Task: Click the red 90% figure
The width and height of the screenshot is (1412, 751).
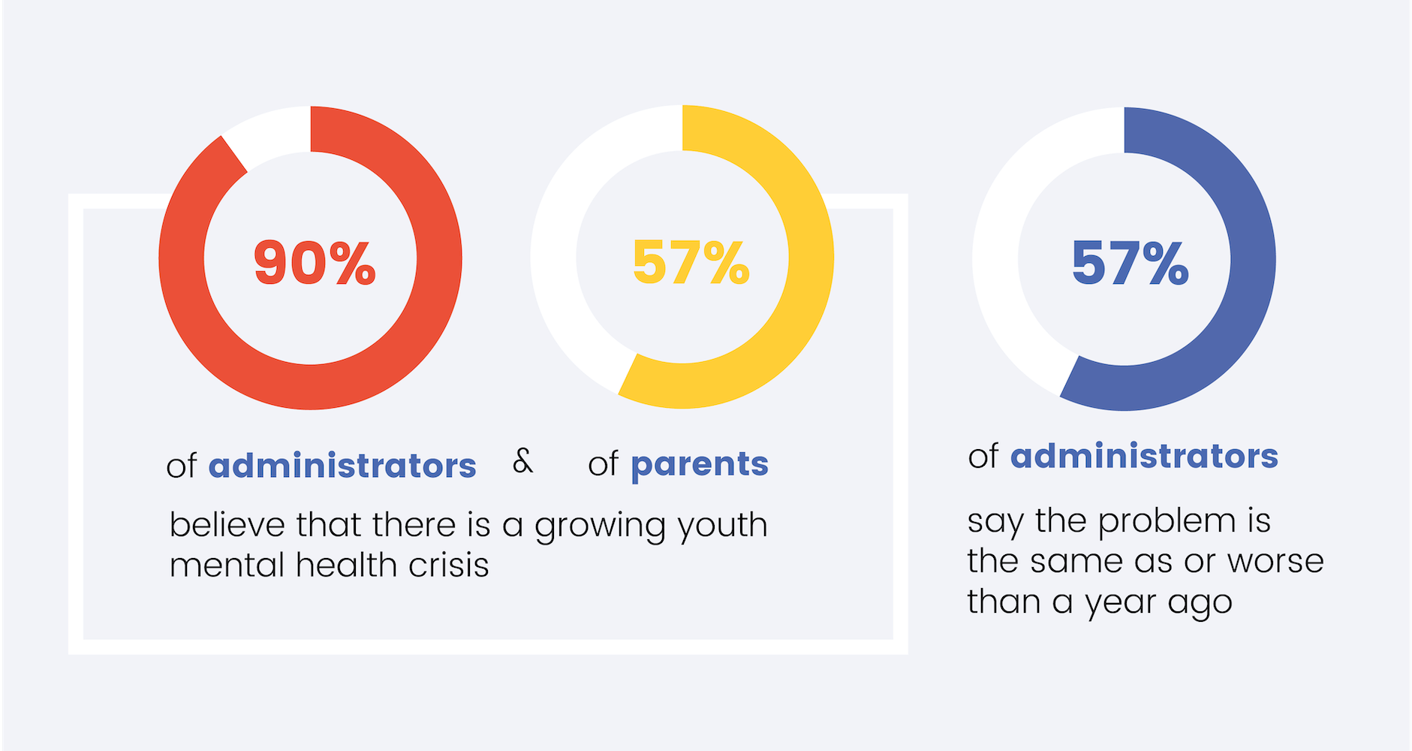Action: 315,263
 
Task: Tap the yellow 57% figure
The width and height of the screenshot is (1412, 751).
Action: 691,263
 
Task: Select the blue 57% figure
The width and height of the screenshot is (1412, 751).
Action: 1130,263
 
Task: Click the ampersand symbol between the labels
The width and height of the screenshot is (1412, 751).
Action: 522,460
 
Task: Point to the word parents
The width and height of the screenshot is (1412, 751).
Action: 700,464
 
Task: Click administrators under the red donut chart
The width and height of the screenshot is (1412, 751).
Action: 342,466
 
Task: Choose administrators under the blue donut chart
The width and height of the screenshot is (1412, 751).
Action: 1144,456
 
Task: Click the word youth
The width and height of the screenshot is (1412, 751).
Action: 722,525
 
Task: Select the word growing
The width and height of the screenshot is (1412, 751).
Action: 600,526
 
